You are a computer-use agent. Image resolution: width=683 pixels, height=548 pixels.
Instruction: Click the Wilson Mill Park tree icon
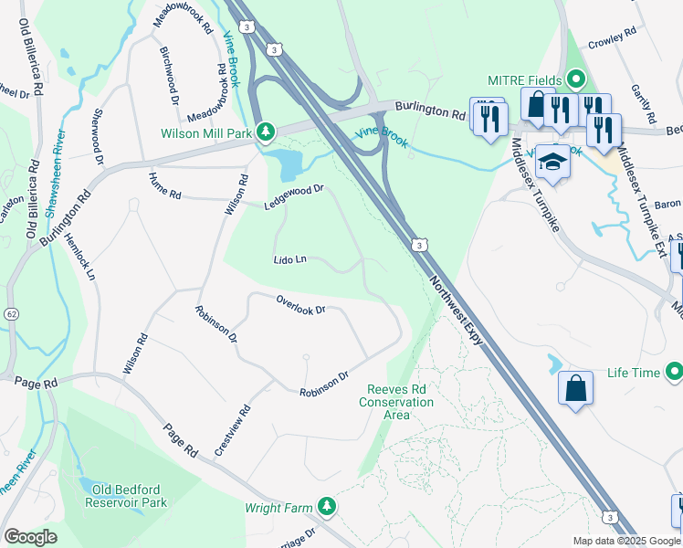265,132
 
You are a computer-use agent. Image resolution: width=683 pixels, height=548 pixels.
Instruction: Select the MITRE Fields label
525,79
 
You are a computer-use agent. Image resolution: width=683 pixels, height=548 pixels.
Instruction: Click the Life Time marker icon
675,373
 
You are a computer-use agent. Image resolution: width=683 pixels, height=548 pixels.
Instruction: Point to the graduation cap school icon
552,163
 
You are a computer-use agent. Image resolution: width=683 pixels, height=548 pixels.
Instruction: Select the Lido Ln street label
289,260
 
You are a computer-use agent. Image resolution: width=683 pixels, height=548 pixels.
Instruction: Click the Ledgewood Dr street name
295,196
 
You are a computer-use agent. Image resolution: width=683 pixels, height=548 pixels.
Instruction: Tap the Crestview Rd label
232,432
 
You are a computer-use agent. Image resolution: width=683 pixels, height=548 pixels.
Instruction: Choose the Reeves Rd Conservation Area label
395,402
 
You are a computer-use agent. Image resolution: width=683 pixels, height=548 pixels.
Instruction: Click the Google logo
30,536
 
